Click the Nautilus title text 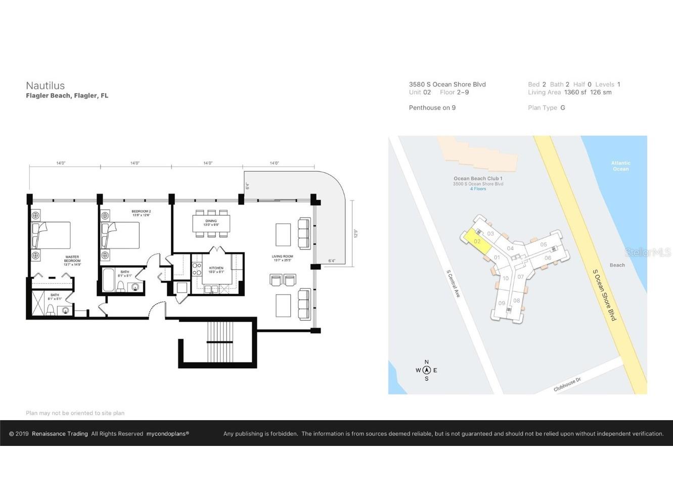pyautogui.click(x=46, y=86)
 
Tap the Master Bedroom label pyautogui.click(x=72, y=260)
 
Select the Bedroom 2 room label pyautogui.click(x=141, y=213)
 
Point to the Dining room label pyautogui.click(x=211, y=223)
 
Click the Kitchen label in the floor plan pyautogui.click(x=216, y=270)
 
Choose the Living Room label pyautogui.click(x=282, y=258)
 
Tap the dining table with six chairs pyautogui.click(x=211, y=223)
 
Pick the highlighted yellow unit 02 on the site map pyautogui.click(x=477, y=241)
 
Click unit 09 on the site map pyautogui.click(x=502, y=303)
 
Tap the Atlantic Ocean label pyautogui.click(x=620, y=166)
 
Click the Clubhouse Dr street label pyautogui.click(x=567, y=385)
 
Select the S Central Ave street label pyautogui.click(x=453, y=283)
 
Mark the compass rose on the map pyautogui.click(x=426, y=370)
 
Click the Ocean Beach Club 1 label pyautogui.click(x=478, y=178)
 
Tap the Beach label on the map pyautogui.click(x=617, y=265)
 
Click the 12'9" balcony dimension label pyautogui.click(x=356, y=234)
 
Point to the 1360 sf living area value pyautogui.click(x=575, y=92)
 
